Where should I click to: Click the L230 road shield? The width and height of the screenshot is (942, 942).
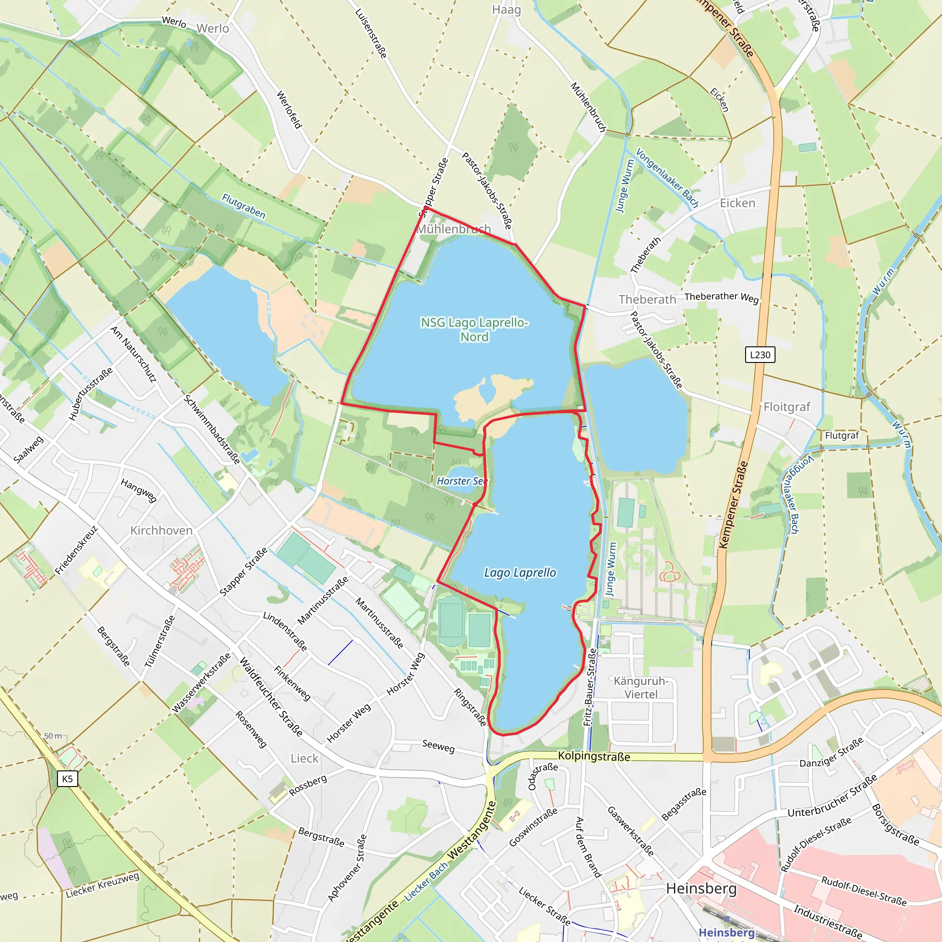pyautogui.click(x=760, y=355)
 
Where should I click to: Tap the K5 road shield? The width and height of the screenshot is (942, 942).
pyautogui.click(x=67, y=779)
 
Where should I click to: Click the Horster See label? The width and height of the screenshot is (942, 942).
pyautogui.click(x=461, y=481)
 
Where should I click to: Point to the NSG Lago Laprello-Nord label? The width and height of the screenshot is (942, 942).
pyautogui.click(x=474, y=330)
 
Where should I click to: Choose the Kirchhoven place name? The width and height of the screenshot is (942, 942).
pyautogui.click(x=161, y=530)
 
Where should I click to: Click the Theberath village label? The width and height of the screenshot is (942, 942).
pyautogui.click(x=647, y=299)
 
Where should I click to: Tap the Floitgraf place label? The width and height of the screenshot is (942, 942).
pyautogui.click(x=787, y=407)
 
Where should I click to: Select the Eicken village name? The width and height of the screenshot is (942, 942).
pyautogui.click(x=737, y=203)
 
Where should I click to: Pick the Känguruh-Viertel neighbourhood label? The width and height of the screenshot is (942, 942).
pyautogui.click(x=641, y=688)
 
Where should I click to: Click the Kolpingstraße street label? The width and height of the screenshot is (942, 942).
pyautogui.click(x=594, y=756)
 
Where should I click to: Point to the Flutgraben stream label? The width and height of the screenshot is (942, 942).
pyautogui.click(x=244, y=206)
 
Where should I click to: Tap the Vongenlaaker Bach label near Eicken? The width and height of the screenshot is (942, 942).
pyautogui.click(x=667, y=178)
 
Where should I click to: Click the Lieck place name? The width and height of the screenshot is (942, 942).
pyautogui.click(x=304, y=758)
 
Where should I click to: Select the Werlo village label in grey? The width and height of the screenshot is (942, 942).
pyautogui.click(x=213, y=29)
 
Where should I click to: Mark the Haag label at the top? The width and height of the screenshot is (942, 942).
pyautogui.click(x=506, y=10)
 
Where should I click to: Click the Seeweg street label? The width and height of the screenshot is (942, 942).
pyautogui.click(x=438, y=746)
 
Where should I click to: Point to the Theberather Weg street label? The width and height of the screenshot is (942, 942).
pyautogui.click(x=721, y=297)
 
